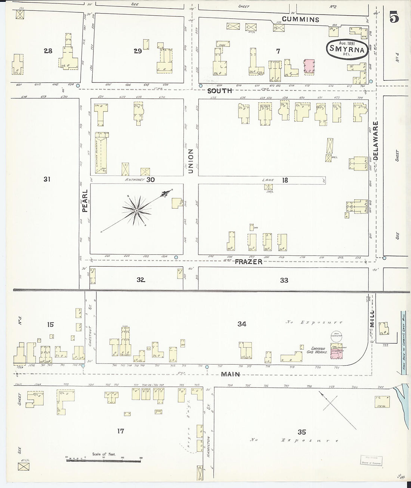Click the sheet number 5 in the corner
(x=393, y=17)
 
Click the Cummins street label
(x=300, y=19)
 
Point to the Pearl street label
(x=85, y=201)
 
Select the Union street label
(x=191, y=161)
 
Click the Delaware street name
(x=376, y=141)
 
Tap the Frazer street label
(x=248, y=262)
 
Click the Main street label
(x=230, y=374)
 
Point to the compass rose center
(x=137, y=211)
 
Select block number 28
(x=48, y=51)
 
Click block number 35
(x=302, y=432)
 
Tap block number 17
(x=120, y=431)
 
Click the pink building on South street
(x=309, y=67)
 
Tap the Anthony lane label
(x=135, y=179)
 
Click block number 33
(x=284, y=280)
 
